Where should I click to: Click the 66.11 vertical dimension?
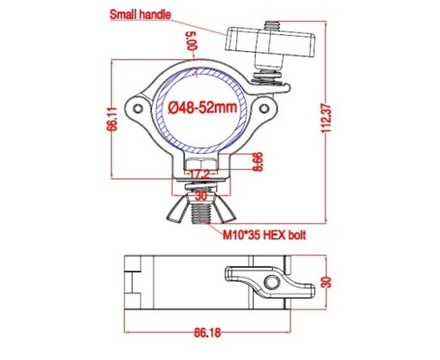pyautogui.click(x=114, y=120)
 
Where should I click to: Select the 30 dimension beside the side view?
pyautogui.click(x=327, y=282)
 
